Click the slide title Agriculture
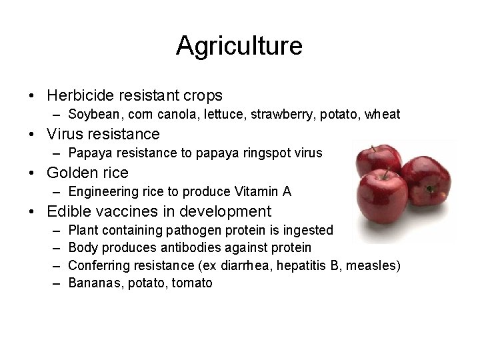(239, 45)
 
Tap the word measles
(376, 265)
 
